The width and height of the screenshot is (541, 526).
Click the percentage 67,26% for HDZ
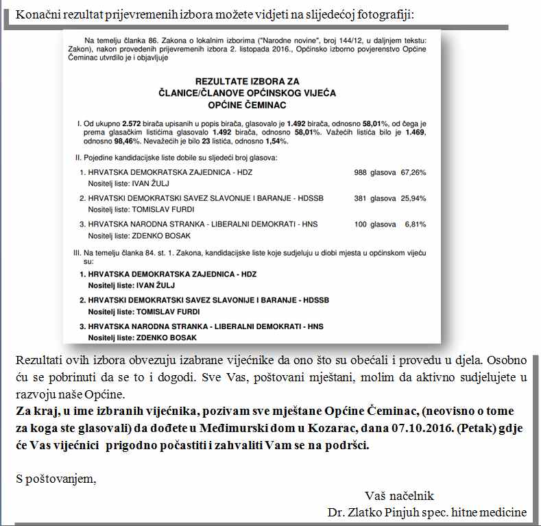tap(413, 172)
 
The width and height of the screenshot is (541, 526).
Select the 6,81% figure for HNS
tap(416, 224)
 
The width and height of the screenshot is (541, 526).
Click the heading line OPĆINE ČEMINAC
tap(247, 105)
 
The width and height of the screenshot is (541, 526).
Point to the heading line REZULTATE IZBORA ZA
tap(247, 82)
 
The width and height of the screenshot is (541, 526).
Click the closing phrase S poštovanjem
tap(56, 479)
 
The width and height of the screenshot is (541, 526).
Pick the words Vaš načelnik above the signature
tap(399, 496)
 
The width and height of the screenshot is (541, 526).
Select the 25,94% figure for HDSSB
tap(413, 198)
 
